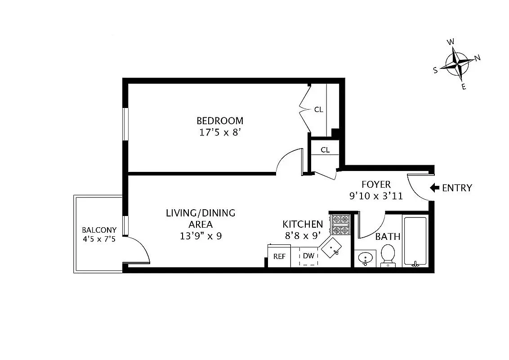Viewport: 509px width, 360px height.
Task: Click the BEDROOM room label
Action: coord(220,121)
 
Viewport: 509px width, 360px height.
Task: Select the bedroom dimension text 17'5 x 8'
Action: coord(220,133)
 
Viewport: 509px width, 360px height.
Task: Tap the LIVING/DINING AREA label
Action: coord(200,218)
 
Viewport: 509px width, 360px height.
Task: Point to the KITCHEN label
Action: coord(303,224)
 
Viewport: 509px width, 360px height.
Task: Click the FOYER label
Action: coord(376,184)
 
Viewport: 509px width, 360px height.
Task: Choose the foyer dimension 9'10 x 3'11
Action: coord(376,196)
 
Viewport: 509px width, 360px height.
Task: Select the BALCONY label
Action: coord(99,230)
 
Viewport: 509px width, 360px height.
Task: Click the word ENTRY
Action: coord(457,188)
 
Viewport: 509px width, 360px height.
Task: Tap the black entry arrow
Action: coord(434,188)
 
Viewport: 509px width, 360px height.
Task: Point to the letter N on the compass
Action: coord(478,58)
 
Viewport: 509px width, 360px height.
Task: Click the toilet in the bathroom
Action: coord(388,256)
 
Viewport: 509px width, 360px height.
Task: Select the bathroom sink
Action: coord(365,258)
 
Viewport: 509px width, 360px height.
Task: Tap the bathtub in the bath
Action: coord(415,242)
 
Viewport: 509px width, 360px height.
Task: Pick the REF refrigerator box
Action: coord(279,256)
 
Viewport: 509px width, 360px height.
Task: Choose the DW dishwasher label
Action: coord(308,256)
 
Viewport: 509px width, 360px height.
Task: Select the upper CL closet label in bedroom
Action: coord(318,109)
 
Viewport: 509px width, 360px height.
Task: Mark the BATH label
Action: coord(388,237)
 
